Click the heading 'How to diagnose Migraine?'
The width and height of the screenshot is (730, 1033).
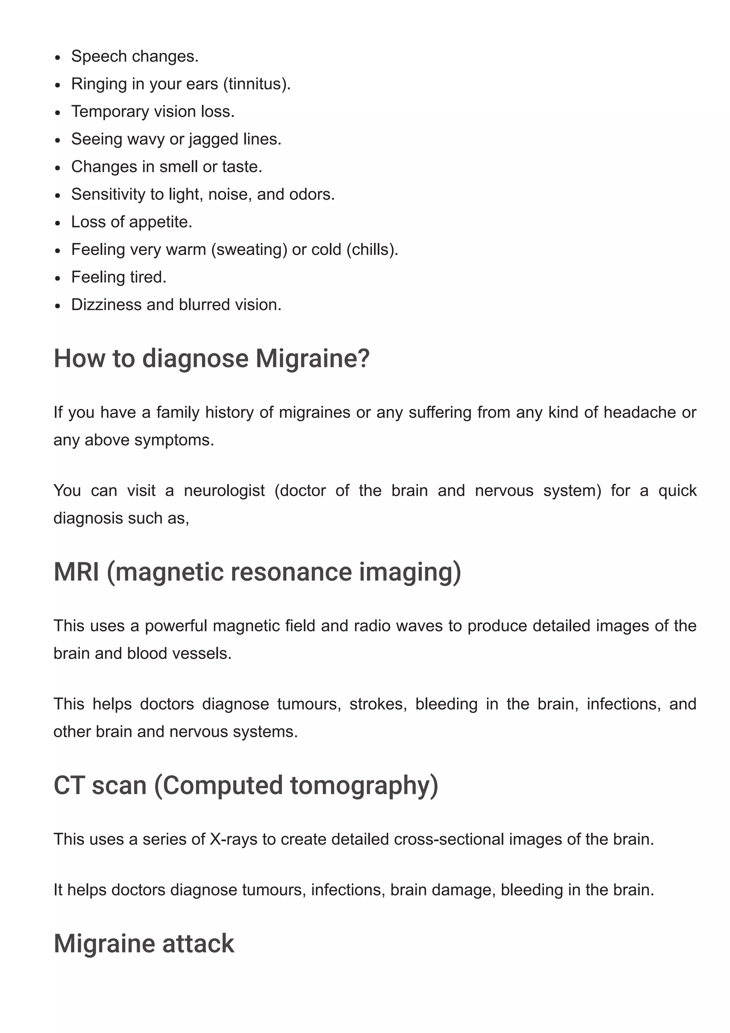pos(211,359)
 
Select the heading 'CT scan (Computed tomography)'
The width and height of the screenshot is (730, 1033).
pos(246,785)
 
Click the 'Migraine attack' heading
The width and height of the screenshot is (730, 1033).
pos(144,943)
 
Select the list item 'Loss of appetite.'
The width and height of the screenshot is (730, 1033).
pos(131,222)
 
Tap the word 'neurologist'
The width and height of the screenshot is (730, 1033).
pos(224,490)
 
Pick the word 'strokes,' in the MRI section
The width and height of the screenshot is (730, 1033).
pos(378,704)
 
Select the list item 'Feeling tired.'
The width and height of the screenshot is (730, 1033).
pos(119,277)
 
